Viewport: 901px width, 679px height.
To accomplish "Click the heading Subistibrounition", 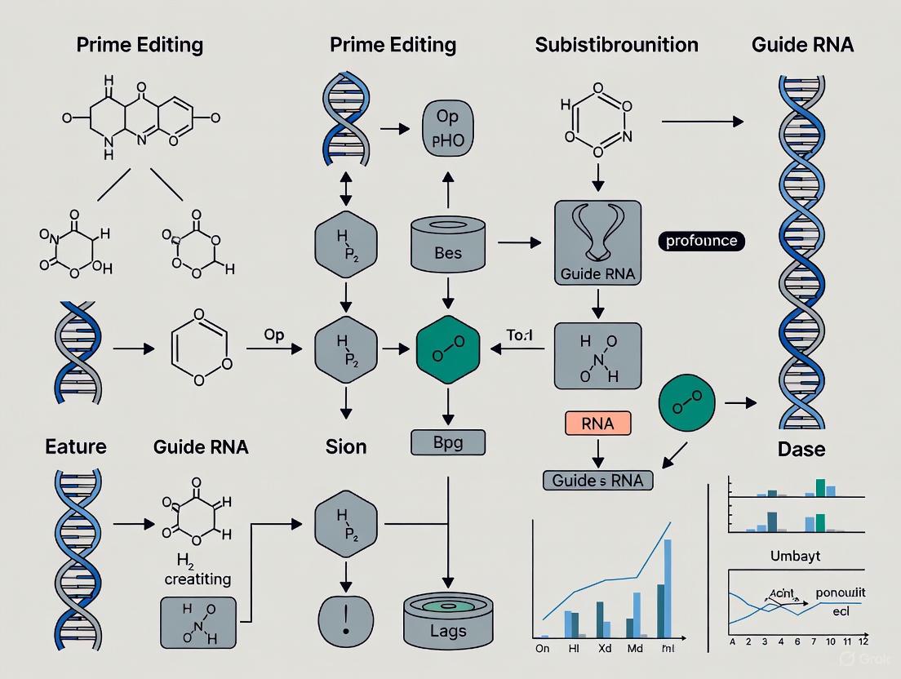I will pos(616,44).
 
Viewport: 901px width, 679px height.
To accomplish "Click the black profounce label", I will pos(701,241).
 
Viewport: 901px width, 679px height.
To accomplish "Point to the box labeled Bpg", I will pos(446,443).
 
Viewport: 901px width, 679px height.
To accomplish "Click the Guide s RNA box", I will pos(597,481).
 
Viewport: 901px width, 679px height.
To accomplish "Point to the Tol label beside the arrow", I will pos(518,335).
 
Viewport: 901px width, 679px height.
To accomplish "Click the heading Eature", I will pos(76,446).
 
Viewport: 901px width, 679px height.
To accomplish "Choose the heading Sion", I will pos(346,446).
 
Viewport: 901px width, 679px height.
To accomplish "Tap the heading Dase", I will pos(801,449).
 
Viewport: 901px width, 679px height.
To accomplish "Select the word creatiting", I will pos(198,579).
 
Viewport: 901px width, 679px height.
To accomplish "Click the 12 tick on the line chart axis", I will pos(863,642).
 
